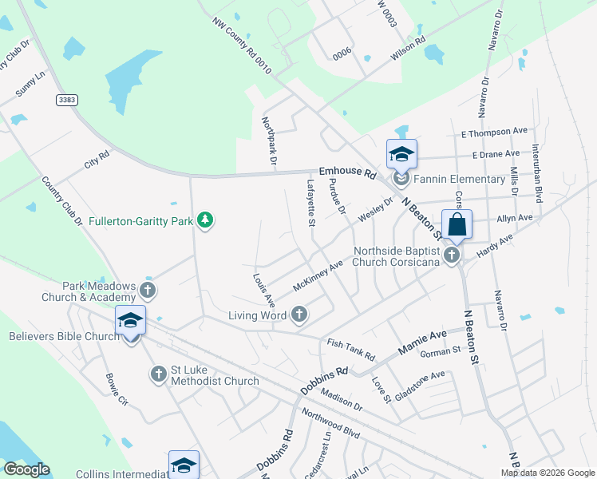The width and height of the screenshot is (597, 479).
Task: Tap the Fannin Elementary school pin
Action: (x=401, y=156)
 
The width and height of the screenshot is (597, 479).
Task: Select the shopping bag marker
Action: (x=457, y=225)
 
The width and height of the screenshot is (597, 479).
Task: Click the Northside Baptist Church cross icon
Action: (x=452, y=255)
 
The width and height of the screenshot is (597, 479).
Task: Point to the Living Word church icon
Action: (x=299, y=315)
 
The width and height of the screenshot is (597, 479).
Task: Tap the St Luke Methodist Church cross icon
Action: (x=157, y=373)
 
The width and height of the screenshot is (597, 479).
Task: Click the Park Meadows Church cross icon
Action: (x=148, y=289)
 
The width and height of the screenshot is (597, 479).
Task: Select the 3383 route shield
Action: (x=68, y=100)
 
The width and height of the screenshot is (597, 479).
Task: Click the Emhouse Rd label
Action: (x=347, y=172)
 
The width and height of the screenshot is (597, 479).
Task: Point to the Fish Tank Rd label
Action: (x=350, y=348)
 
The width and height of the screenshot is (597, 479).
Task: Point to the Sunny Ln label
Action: (x=30, y=84)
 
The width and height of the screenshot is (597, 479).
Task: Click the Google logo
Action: (x=26, y=469)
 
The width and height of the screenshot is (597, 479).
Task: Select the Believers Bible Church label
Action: (x=64, y=336)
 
